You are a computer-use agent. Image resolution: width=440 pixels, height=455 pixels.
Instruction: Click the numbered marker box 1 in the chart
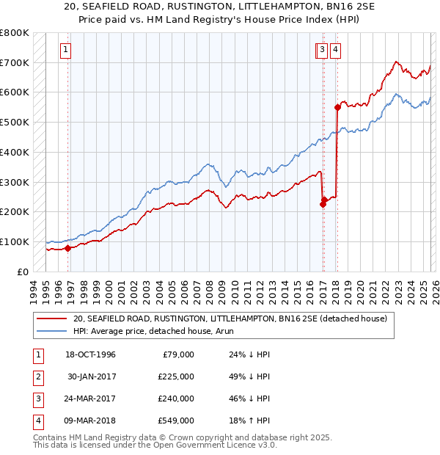coord(65,50)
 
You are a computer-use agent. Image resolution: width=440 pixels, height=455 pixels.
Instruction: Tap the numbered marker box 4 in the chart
coord(335,50)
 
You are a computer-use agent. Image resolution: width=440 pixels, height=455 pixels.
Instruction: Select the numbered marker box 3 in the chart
coord(323,50)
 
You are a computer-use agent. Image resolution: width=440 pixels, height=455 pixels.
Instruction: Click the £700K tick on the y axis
coord(15,62)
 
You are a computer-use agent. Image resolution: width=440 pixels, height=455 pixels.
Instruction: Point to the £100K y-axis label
coord(15,241)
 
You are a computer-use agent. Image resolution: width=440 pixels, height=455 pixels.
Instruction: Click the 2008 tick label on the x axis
coord(210,289)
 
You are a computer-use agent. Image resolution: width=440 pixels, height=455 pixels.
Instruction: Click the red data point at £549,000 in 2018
coord(337,107)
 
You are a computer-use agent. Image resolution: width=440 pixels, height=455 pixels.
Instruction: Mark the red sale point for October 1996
coord(67,248)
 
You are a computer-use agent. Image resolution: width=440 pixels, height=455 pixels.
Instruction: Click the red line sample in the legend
coord(51,319)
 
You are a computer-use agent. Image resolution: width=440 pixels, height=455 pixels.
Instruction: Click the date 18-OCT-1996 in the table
coord(91,354)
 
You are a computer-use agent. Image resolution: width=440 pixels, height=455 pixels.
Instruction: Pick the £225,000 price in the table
coord(176,376)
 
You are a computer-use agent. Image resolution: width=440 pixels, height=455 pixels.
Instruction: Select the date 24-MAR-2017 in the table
coord(91,398)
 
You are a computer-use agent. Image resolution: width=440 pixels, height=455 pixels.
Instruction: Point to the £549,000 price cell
coord(176,421)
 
